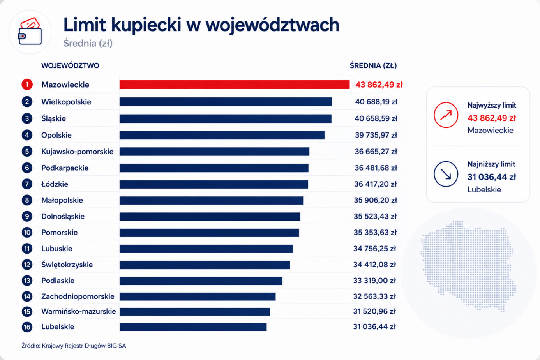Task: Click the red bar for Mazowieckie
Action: (x=235, y=85)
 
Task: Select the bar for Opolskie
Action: (x=222, y=135)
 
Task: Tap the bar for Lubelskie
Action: (x=193, y=327)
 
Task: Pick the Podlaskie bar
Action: (x=201, y=281)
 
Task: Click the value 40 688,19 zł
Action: (x=376, y=102)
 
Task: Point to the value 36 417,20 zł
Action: (x=375, y=184)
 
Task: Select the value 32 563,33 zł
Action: (x=374, y=296)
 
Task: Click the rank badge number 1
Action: (x=27, y=85)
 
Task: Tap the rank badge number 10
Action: (x=27, y=233)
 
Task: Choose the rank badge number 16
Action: (x=27, y=327)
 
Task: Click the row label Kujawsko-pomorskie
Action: (x=78, y=152)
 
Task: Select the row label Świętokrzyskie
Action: (x=67, y=265)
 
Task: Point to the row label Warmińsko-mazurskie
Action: (x=79, y=311)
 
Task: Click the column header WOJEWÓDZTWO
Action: (x=70, y=65)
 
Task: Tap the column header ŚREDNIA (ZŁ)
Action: (x=373, y=65)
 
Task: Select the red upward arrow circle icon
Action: (x=446, y=115)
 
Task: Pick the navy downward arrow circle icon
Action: (x=446, y=174)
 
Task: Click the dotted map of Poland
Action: (x=468, y=266)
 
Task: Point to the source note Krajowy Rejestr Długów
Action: (x=74, y=346)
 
